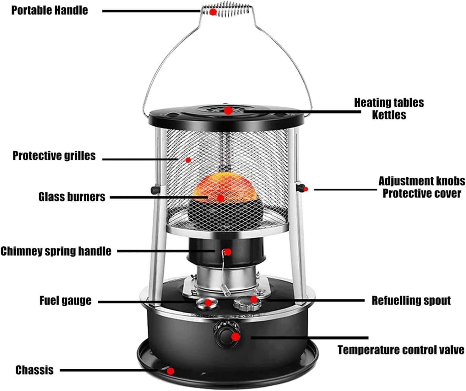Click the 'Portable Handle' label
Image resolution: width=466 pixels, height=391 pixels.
50,10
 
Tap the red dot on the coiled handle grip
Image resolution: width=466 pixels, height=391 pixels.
213,12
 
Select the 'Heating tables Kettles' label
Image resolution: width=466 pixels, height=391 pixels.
389,109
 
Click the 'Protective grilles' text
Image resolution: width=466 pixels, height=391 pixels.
54,156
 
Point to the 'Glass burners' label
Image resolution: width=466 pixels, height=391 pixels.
72,197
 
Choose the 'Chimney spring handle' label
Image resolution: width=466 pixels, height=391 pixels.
56,251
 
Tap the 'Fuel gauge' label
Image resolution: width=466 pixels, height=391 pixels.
65,300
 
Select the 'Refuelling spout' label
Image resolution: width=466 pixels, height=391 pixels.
411,300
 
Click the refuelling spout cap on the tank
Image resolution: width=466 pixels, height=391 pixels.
247,302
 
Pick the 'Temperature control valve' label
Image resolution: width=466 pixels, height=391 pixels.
401,350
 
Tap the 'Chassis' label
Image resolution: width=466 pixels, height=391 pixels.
35,370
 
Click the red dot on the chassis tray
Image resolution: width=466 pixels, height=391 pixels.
171,371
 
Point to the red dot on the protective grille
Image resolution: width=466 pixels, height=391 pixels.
188,160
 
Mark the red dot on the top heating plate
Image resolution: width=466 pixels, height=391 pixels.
228,110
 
